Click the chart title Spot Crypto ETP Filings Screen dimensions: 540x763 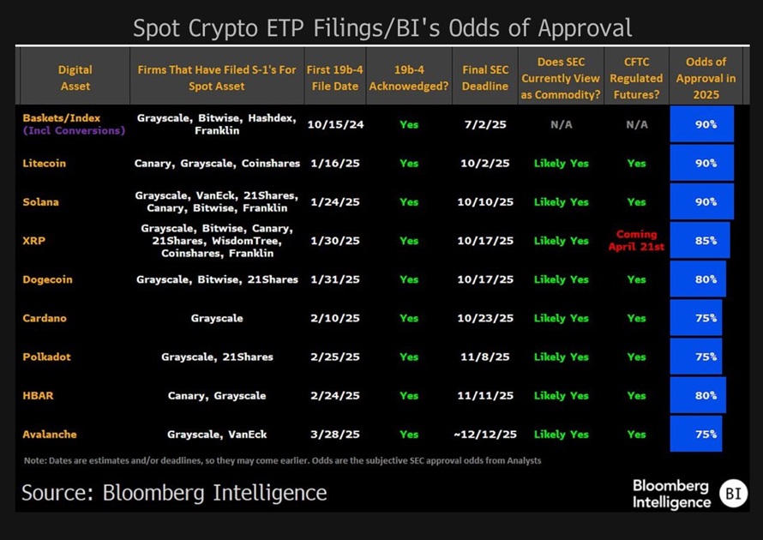click(381, 27)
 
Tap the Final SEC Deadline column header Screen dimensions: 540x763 click(485, 78)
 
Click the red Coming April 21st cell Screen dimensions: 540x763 click(636, 240)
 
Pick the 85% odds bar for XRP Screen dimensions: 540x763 click(700, 241)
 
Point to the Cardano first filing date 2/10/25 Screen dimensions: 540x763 click(335, 318)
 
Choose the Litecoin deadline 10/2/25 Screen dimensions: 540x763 click(485, 163)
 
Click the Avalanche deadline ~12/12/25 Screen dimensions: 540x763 click(485, 435)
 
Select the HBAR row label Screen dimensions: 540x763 click(39, 396)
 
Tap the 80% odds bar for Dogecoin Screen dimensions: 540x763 click(698, 279)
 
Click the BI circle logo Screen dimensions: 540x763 click(733, 493)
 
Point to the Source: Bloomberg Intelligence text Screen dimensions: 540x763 click(174, 493)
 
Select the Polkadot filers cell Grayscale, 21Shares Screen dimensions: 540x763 click(217, 357)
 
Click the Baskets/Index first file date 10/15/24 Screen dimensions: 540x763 click(335, 124)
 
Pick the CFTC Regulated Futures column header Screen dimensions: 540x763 click(636, 78)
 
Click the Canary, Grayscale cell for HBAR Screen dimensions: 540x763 click(217, 396)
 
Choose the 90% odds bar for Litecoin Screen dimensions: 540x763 click(701, 163)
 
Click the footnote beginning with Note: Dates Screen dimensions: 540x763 click(282, 461)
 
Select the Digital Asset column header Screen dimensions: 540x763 click(75, 78)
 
